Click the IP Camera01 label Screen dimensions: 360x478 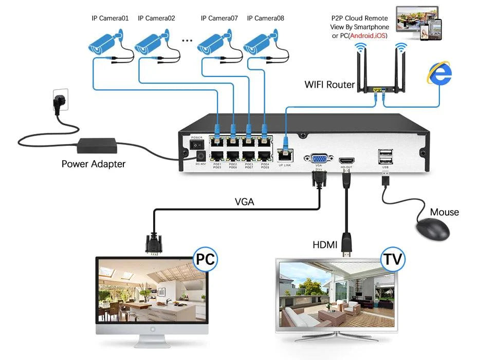(110, 18)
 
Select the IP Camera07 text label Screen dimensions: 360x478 (219, 18)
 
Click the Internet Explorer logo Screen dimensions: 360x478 (439, 73)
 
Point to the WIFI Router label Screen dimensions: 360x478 (329, 85)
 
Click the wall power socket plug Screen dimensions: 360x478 (58, 100)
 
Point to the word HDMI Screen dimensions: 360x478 (325, 245)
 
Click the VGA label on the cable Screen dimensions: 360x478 (244, 202)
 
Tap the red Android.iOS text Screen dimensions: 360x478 (367, 36)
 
